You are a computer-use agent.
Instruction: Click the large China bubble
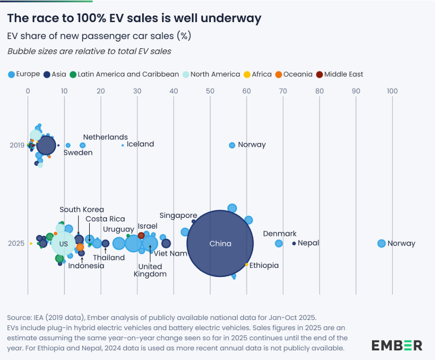(220, 244)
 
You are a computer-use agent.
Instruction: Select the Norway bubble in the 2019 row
(232, 145)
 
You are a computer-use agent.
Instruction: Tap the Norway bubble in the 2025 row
(381, 244)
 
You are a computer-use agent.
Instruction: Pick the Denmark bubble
(279, 244)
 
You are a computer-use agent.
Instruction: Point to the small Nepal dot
(294, 244)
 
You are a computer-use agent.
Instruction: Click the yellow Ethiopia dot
(247, 265)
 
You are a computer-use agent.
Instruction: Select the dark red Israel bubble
(141, 235)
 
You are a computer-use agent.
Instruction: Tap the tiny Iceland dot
(123, 145)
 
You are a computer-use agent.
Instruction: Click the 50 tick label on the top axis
(210, 91)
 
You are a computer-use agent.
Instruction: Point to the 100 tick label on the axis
(392, 91)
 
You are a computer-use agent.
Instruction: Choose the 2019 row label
(17, 145)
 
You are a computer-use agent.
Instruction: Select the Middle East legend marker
(320, 74)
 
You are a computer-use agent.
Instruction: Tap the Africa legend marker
(247, 74)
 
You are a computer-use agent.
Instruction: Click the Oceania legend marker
(279, 74)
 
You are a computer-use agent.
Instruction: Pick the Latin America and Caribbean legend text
(128, 74)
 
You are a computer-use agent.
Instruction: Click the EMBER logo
(397, 345)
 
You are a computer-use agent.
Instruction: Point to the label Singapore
(178, 215)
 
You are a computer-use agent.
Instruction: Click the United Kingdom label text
(150, 270)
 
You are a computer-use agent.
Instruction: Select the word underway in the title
(233, 18)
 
